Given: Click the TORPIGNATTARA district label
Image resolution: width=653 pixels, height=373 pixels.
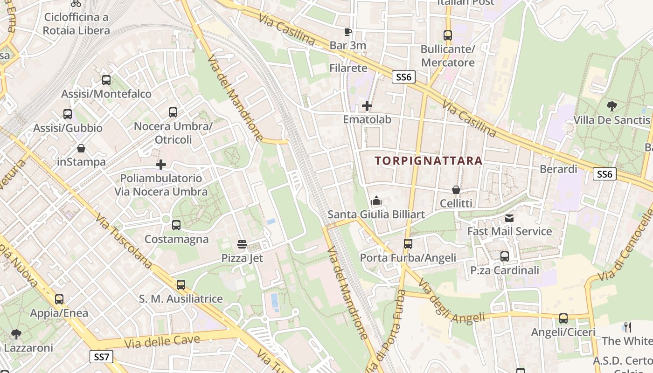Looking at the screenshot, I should pyautogui.click(x=429, y=161).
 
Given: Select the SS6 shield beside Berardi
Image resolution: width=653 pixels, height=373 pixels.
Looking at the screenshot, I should pyautogui.click(x=604, y=174).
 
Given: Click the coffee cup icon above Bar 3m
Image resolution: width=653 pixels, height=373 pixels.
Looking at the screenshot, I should pyautogui.click(x=347, y=32).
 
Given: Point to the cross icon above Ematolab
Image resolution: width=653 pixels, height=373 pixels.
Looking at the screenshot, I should pyautogui.click(x=367, y=106).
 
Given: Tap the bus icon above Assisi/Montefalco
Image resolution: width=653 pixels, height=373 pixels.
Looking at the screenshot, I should pyautogui.click(x=106, y=80).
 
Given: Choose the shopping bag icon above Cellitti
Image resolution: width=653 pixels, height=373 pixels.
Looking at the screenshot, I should pyautogui.click(x=456, y=190).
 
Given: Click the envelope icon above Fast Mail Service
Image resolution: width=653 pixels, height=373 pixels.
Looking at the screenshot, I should pyautogui.click(x=509, y=218).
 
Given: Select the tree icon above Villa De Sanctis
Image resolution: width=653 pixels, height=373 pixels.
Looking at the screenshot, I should pyautogui.click(x=611, y=106).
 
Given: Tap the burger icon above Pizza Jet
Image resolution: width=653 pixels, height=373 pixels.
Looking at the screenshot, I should pyautogui.click(x=242, y=244).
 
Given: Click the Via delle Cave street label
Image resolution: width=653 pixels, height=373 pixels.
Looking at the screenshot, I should pyautogui.click(x=162, y=342).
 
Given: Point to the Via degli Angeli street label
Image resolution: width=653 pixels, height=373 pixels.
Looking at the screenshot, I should pyautogui.click(x=451, y=303).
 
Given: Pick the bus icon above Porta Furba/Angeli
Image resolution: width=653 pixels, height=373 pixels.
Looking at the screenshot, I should pyautogui.click(x=408, y=243).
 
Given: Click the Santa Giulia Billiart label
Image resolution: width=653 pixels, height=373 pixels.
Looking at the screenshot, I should pyautogui.click(x=376, y=214).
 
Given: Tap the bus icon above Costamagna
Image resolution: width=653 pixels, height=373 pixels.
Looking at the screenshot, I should pyautogui.click(x=176, y=225).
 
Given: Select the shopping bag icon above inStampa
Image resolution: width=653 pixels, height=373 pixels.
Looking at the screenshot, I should pyautogui.click(x=81, y=148).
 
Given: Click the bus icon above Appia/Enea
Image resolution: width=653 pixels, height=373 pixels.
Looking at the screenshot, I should pyautogui.click(x=59, y=299).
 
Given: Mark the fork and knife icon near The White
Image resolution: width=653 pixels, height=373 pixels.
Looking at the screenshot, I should pyautogui.click(x=628, y=327).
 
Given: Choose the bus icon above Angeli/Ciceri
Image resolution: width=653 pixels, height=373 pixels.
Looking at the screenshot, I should pyautogui.click(x=563, y=318).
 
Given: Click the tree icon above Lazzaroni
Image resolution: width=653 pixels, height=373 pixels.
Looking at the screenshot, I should pyautogui.click(x=16, y=334).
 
